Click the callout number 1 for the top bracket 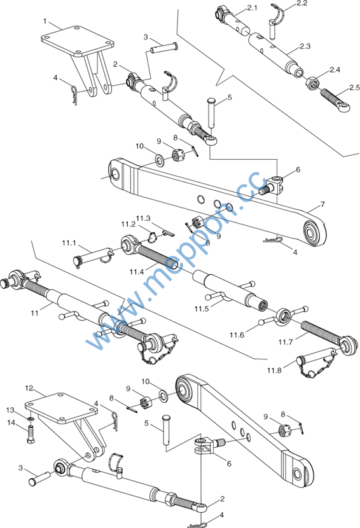pyautogui.click(x=45, y=21)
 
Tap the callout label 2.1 pyautogui.click(x=253, y=8)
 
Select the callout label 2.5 pyautogui.click(x=355, y=88)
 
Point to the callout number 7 pyautogui.click(x=322, y=204)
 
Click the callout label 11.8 pyautogui.click(x=274, y=370)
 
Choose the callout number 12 pyautogui.click(x=29, y=388)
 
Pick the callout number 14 pyautogui.click(x=11, y=422)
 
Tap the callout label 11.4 pyautogui.click(x=137, y=272)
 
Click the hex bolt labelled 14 pyautogui.click(x=31, y=434)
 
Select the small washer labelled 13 pyautogui.click(x=31, y=419)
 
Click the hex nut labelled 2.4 pyautogui.click(x=312, y=83)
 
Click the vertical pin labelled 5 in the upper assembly pyautogui.click(x=211, y=113)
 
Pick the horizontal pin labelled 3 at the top pyautogui.click(x=163, y=48)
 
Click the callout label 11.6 pyautogui.click(x=237, y=335)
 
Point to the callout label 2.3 pyautogui.click(x=305, y=46)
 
